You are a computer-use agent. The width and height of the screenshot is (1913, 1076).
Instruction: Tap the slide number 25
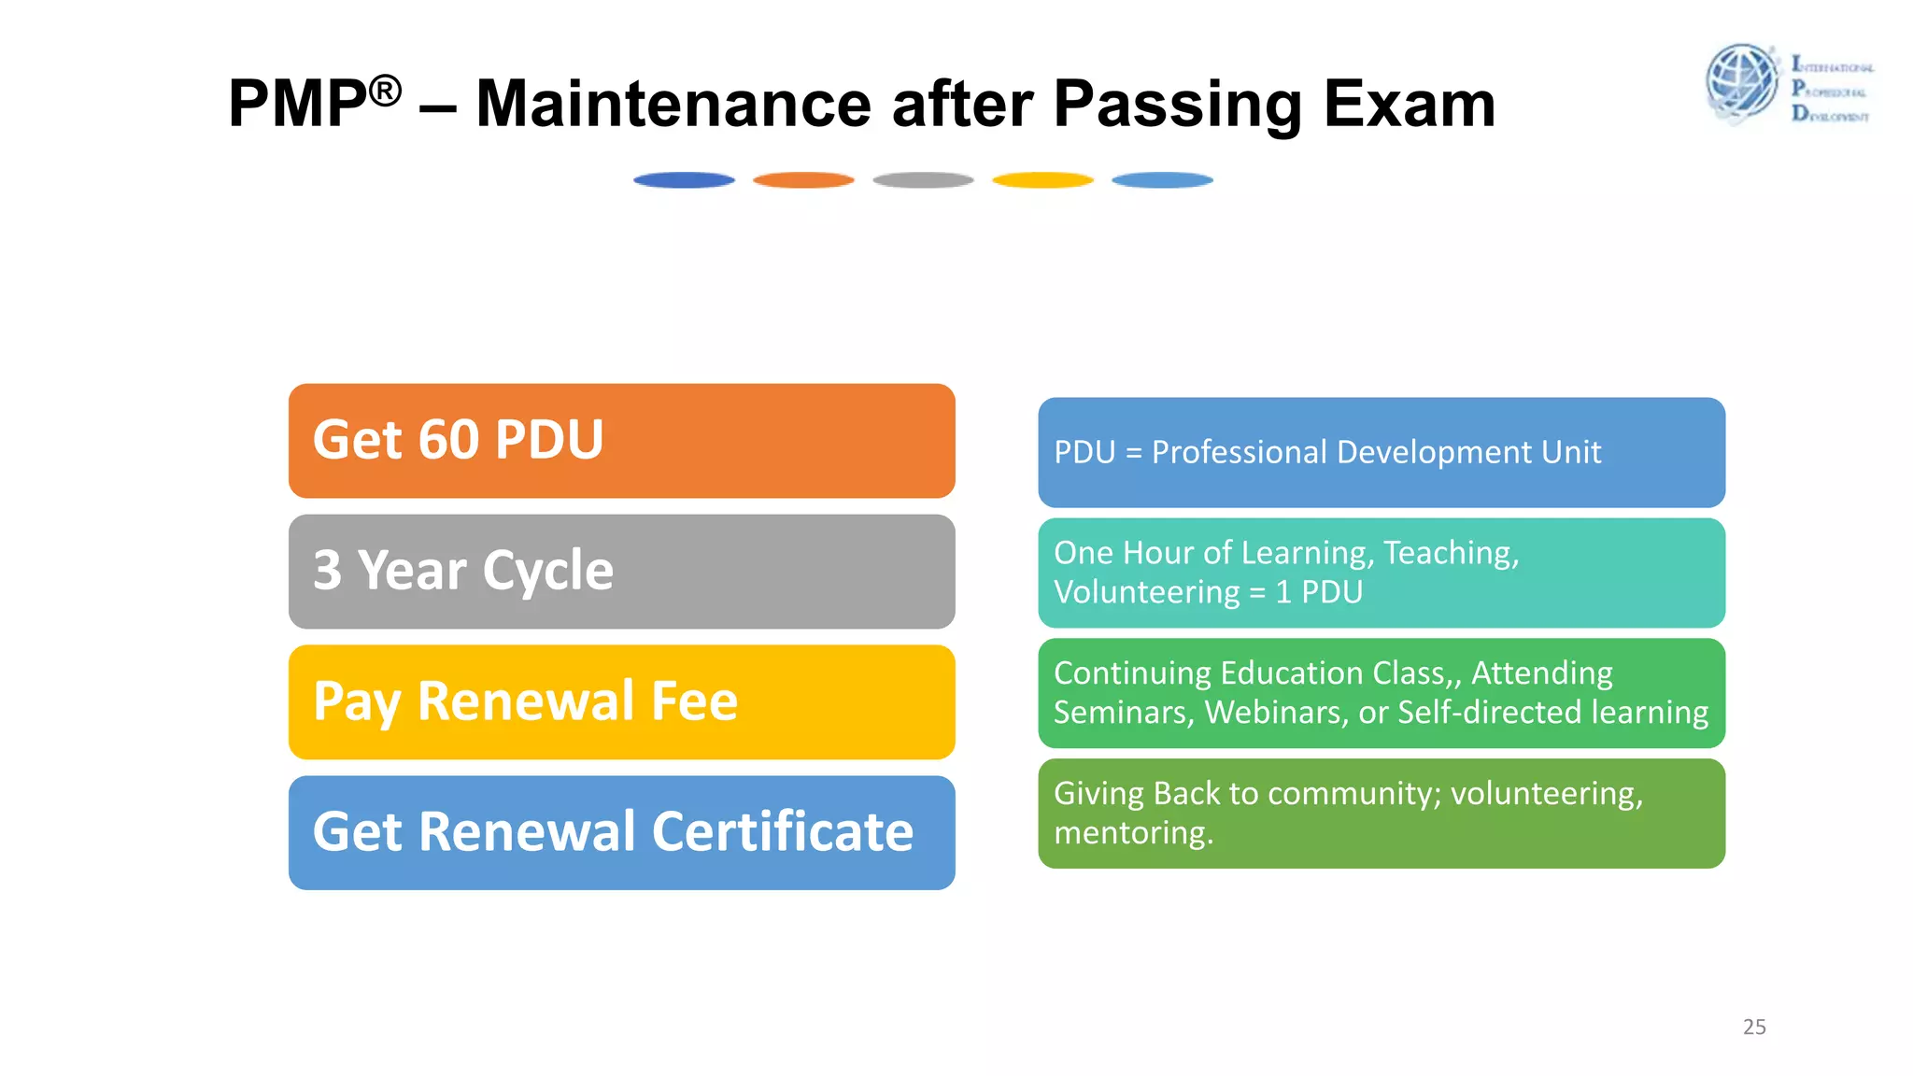(1754, 1026)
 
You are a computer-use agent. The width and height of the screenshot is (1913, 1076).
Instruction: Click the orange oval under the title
(803, 180)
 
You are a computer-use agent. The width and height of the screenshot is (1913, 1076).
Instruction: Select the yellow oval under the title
(1042, 180)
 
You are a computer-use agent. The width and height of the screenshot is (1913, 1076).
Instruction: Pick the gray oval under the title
(923, 180)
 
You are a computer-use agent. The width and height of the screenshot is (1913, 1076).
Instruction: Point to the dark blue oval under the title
(684, 180)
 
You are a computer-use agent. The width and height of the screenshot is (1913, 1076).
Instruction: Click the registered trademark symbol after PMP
(385, 92)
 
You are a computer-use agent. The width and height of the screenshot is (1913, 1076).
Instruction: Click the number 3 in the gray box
(327, 570)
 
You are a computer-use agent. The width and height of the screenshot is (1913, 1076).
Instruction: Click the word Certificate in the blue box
(783, 831)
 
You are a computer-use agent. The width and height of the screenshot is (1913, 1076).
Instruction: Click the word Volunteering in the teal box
(1146, 592)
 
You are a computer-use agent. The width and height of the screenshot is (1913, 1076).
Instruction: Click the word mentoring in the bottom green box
(1133, 832)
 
